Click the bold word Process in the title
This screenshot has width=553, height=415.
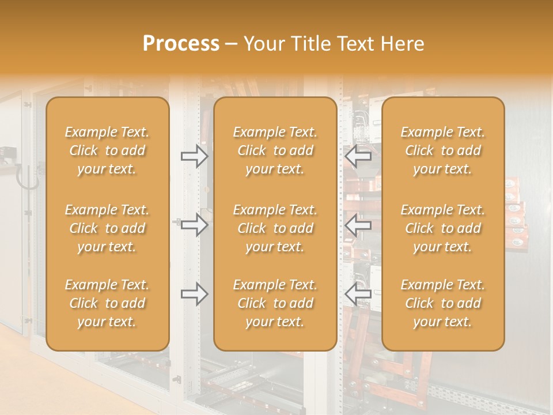tap(181, 44)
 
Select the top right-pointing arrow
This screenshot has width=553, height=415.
tap(194, 156)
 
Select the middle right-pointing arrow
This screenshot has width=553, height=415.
tap(194, 225)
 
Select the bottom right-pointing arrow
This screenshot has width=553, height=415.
tap(194, 294)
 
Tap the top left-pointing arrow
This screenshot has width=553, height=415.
tap(358, 156)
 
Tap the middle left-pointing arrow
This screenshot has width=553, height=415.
tap(358, 225)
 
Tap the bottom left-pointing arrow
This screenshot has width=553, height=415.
tap(358, 294)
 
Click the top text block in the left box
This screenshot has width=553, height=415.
tap(107, 150)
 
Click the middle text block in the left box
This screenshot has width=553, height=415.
tap(107, 228)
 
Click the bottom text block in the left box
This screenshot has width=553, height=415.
tap(107, 303)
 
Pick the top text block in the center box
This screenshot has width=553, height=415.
tap(275, 150)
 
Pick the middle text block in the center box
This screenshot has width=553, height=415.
tap(275, 228)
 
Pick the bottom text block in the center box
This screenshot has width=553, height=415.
tap(275, 303)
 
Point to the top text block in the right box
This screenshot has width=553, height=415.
tap(443, 150)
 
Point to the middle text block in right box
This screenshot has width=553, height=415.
tap(443, 228)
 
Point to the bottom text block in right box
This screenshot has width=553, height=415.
tap(443, 303)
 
